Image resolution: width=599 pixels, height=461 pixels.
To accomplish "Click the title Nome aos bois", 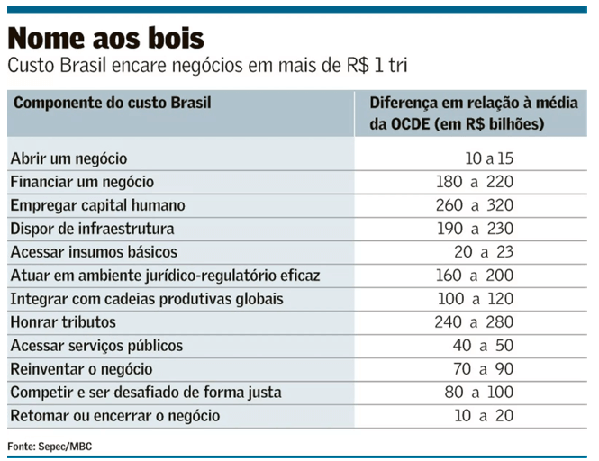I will tap(106, 39).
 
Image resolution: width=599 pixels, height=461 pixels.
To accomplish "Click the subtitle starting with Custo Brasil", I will tap(213, 67).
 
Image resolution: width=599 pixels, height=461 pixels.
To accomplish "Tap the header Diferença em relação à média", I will tap(473, 103).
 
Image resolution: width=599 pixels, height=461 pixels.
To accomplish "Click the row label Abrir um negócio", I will tap(76, 158).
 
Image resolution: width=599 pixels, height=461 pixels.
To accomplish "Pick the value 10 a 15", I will tap(489, 158).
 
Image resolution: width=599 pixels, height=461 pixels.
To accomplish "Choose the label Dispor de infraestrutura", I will tap(92, 229).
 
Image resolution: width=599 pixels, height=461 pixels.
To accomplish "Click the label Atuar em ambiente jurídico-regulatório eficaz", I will tap(165, 276).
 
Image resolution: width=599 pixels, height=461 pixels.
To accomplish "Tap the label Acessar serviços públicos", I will tap(96, 346).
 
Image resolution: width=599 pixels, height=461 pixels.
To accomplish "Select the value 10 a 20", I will tap(484, 416).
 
